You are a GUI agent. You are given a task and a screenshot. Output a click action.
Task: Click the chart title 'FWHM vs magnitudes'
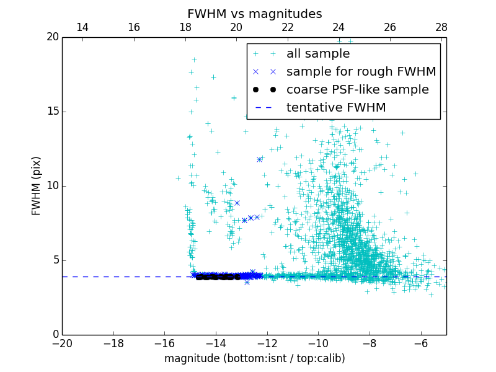click(254, 14)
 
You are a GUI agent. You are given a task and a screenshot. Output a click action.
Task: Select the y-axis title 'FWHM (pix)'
click(37, 186)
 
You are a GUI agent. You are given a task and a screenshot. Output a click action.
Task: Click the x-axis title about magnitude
click(254, 358)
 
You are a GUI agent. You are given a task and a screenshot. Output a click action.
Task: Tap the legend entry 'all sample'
click(318, 54)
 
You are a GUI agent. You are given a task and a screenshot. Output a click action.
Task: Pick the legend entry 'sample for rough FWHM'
click(361, 72)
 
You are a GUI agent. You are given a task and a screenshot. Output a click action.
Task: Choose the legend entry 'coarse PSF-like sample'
click(357, 90)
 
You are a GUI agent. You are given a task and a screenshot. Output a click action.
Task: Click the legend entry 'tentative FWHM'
click(336, 108)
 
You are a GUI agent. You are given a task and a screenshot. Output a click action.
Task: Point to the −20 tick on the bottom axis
click(62, 343)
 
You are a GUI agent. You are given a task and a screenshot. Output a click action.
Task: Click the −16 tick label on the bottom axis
click(164, 343)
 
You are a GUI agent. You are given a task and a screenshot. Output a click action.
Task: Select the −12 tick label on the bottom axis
click(267, 343)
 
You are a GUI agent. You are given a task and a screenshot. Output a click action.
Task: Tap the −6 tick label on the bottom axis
click(420, 343)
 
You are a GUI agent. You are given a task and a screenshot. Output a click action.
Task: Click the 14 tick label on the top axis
click(82, 27)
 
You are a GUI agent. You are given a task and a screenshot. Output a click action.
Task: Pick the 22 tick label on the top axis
click(288, 27)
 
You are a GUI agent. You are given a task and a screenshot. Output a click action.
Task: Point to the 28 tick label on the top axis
click(441, 27)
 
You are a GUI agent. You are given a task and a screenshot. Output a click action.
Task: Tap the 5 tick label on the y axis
click(55, 260)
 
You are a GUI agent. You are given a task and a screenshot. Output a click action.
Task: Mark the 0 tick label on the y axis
click(55, 335)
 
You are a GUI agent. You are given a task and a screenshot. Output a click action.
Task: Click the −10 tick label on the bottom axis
click(318, 343)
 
